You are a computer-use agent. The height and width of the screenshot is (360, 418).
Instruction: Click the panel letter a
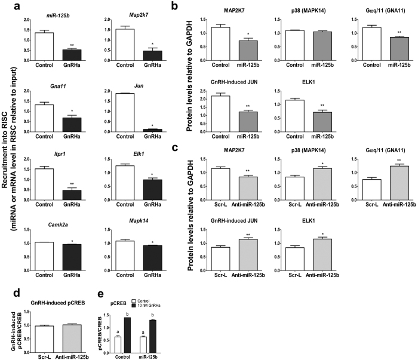(6, 5)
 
